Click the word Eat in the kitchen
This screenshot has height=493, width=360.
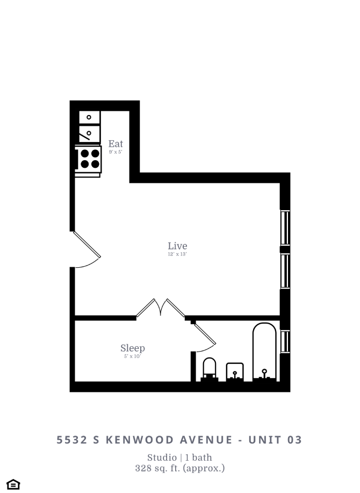[116, 144]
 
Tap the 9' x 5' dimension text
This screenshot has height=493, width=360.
[116, 152]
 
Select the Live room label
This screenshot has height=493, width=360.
[177, 246]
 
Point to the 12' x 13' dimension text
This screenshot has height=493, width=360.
[177, 254]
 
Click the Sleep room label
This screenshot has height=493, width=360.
[132, 348]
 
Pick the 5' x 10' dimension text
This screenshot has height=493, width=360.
[132, 356]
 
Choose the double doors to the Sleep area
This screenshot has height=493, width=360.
[161, 308]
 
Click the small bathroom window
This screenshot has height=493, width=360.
[285, 341]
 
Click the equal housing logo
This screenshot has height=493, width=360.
[13, 484]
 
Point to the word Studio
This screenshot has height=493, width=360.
[162, 458]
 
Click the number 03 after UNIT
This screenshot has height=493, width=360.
[295, 440]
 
